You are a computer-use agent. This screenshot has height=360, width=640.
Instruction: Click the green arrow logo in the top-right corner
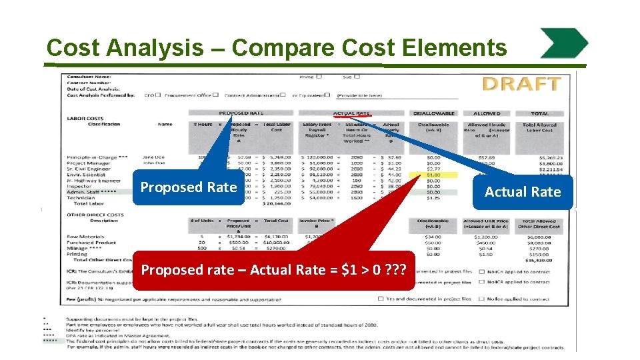(563, 43)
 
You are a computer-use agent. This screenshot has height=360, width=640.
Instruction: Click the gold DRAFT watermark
(521, 84)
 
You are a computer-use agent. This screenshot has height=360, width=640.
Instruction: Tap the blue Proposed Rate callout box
(189, 187)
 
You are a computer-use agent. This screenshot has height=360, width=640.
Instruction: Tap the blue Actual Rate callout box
(523, 192)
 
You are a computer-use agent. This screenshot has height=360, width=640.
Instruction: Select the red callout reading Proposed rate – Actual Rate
(275, 269)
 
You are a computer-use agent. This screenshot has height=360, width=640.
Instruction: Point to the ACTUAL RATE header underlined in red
(351, 113)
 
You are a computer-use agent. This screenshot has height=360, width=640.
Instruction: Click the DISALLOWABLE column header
(433, 113)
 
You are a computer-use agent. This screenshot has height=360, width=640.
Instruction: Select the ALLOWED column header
(487, 113)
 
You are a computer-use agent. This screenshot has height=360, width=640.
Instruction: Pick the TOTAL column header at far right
(539, 113)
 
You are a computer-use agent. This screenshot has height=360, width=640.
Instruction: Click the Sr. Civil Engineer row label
(89, 169)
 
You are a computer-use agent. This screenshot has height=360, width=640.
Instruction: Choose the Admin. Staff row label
(92, 192)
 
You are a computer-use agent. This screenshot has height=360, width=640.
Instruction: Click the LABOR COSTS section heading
(85, 119)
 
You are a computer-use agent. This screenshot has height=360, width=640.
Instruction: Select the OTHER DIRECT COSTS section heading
(95, 214)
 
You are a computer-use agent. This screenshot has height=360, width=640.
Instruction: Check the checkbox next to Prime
(319, 77)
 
